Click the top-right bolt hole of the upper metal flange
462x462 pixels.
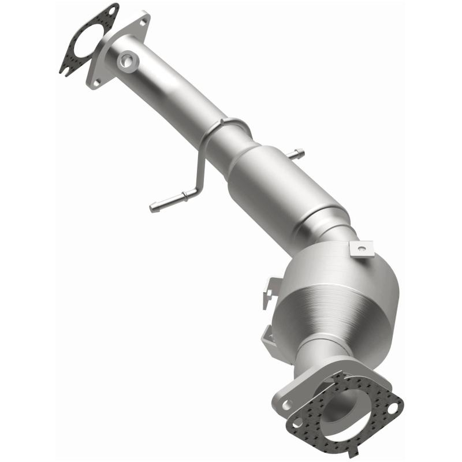pos(142,21)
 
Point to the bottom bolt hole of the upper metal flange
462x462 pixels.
pos(96,79)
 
